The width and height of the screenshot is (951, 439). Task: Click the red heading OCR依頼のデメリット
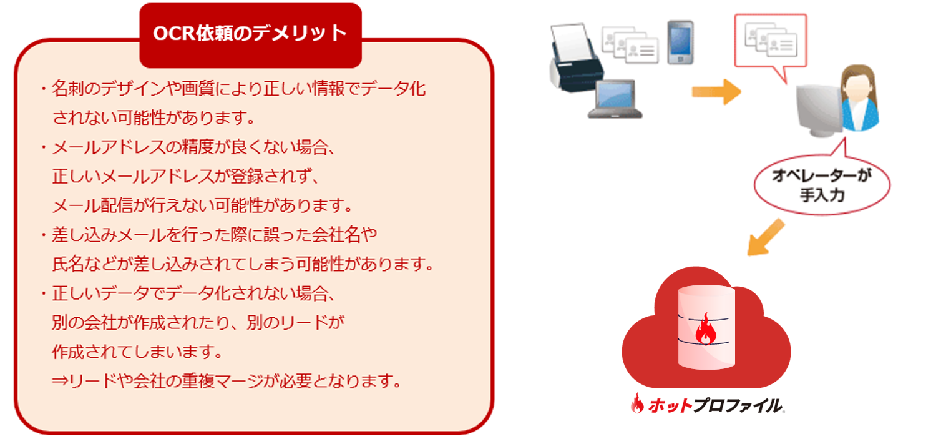tap(250, 34)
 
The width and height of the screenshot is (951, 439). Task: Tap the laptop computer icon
tap(615, 99)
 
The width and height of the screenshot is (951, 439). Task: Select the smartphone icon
tap(680, 42)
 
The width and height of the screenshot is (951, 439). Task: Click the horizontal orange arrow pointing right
tap(716, 92)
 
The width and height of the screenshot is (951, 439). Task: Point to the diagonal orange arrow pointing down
tap(765, 237)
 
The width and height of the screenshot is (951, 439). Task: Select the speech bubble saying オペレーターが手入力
tap(822, 185)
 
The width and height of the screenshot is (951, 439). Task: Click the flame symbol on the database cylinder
tap(706, 329)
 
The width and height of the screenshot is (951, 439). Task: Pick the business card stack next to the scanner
tap(630, 45)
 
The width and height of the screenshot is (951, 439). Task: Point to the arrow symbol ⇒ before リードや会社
tap(60, 381)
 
